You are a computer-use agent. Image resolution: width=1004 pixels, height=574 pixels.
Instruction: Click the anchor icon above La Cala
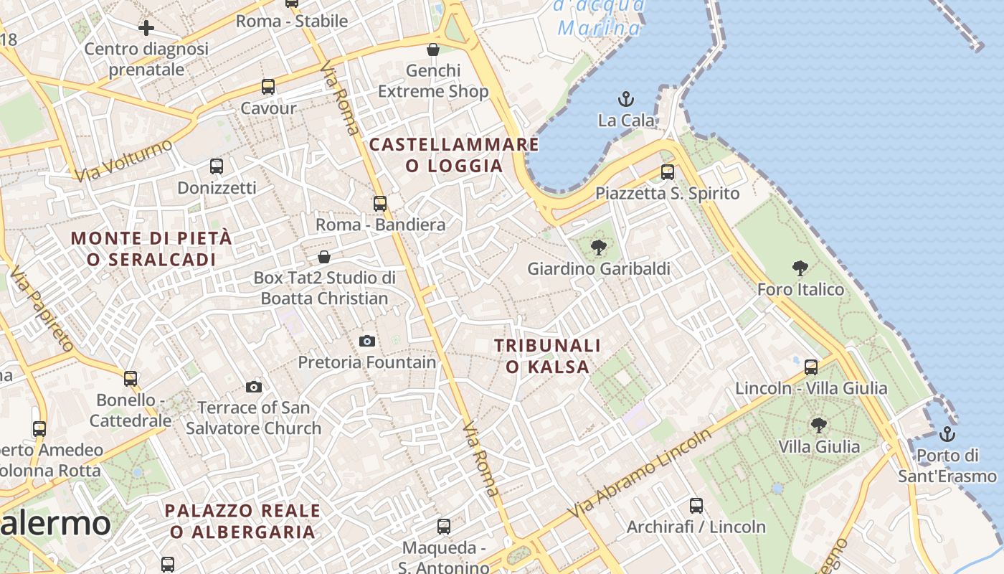click(626, 98)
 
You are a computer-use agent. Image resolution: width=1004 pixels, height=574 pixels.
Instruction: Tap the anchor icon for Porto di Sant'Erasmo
click(947, 433)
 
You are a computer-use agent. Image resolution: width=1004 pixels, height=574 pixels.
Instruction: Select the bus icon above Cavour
click(268, 87)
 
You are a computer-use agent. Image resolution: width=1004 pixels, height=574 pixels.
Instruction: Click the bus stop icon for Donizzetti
click(217, 166)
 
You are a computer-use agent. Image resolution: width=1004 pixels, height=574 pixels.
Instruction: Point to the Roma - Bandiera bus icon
click(380, 203)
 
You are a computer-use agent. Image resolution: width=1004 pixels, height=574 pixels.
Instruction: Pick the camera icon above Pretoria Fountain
click(367, 341)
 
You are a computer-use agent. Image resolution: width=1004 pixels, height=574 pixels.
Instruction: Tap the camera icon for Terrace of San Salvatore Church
click(254, 387)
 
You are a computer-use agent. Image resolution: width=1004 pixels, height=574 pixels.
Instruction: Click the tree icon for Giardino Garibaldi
click(598, 248)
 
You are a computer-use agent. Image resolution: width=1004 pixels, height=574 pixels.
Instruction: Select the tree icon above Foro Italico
click(800, 268)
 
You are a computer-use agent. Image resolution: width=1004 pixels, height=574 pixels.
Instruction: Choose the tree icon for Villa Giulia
click(818, 425)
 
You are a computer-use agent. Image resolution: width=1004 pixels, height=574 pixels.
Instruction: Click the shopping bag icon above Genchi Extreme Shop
click(433, 50)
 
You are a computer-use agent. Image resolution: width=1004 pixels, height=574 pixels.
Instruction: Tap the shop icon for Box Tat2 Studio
click(324, 256)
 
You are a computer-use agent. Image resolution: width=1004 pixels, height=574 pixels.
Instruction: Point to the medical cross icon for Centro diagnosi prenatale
click(146, 28)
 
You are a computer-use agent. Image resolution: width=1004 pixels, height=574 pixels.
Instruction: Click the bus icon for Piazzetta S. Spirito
click(668, 172)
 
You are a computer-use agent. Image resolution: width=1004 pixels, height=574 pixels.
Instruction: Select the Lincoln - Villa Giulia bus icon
click(811, 367)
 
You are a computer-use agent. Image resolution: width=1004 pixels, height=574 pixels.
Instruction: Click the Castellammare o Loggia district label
click(454, 155)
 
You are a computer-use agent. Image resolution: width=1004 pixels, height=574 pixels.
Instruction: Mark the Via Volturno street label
click(124, 160)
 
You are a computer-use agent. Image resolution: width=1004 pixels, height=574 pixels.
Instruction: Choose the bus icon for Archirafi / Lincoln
click(696, 505)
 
